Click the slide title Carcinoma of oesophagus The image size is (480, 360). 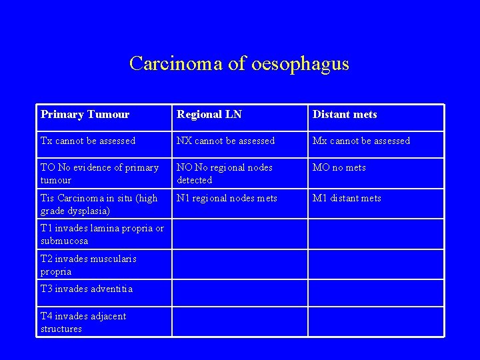pyautogui.click(x=239, y=63)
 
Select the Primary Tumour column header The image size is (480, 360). pyautogui.click(x=85, y=115)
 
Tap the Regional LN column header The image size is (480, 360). pyautogui.click(x=209, y=115)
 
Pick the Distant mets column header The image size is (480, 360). pyautogui.click(x=345, y=115)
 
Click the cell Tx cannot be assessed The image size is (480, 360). pyautogui.click(x=88, y=141)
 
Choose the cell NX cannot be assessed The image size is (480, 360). pyautogui.click(x=225, y=141)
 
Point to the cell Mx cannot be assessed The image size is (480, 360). pyautogui.click(x=361, y=141)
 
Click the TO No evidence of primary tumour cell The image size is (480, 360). pyautogui.click(x=99, y=173)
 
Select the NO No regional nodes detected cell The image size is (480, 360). pyautogui.click(x=225, y=173)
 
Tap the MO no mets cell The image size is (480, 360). pyautogui.click(x=339, y=167)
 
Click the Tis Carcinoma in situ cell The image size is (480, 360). pyautogui.click(x=99, y=204)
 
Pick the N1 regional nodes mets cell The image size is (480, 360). pyautogui.click(x=227, y=198)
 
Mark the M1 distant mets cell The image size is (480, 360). pyautogui.click(x=347, y=198)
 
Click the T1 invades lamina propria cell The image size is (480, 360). pyautogui.click(x=102, y=235)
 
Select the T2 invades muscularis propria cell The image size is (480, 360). pyautogui.click(x=89, y=265)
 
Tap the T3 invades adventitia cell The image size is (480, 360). pyautogui.click(x=87, y=289)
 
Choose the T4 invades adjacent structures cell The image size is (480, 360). pyautogui.click(x=83, y=322)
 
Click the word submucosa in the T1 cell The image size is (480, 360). pyautogui.click(x=64, y=241)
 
